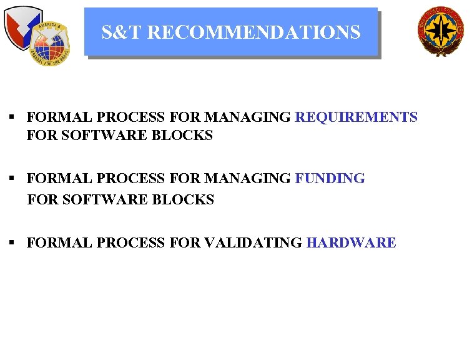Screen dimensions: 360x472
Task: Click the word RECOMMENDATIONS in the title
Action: pos(254,32)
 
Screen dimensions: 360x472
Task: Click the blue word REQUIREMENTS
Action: pos(356,117)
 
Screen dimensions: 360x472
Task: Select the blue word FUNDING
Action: pos(330,179)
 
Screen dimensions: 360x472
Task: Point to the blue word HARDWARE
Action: pos(351,243)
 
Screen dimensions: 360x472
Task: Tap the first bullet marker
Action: pos(12,117)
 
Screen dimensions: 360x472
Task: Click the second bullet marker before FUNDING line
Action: pos(12,179)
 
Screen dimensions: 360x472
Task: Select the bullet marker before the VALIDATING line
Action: pos(12,243)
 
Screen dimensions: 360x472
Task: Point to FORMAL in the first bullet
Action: pos(52,117)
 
